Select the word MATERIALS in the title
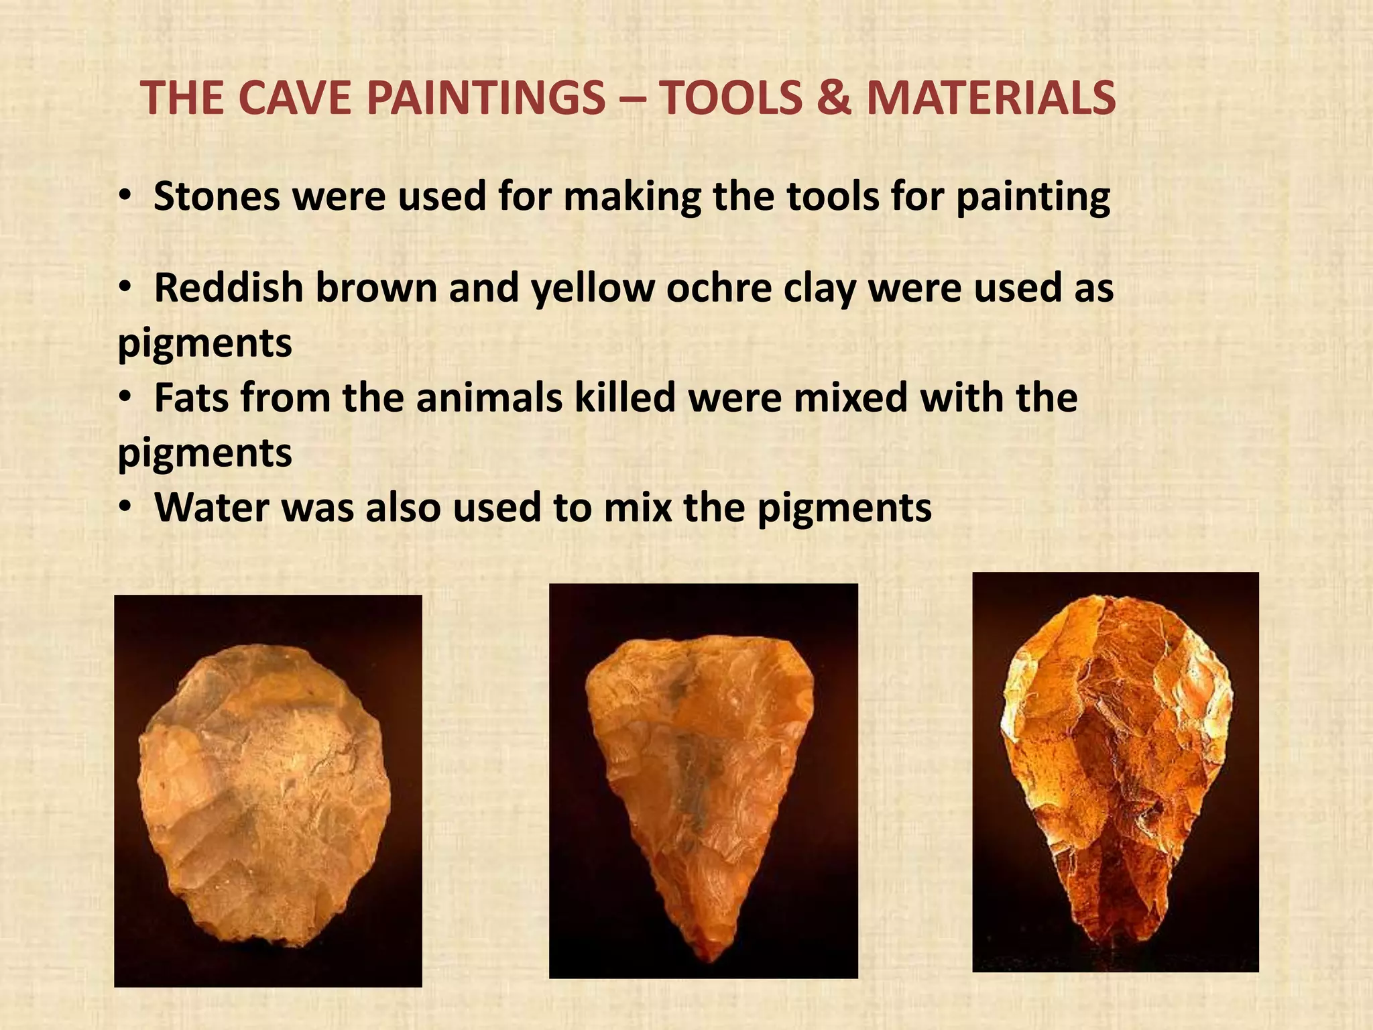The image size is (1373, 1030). tap(992, 98)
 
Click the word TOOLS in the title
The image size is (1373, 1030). tap(731, 98)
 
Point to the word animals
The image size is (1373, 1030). tap(489, 397)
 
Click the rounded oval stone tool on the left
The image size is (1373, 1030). tap(265, 791)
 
